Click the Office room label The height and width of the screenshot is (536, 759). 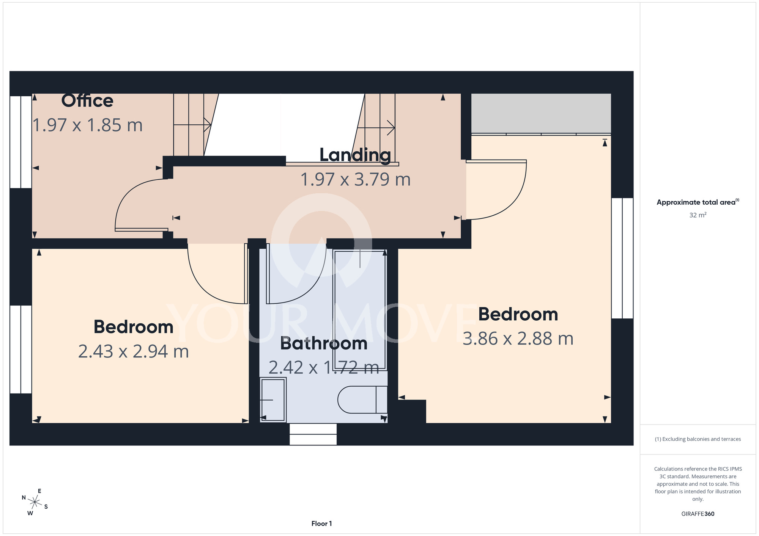click(87, 101)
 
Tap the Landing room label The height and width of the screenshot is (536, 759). click(355, 155)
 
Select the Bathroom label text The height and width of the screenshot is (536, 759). click(324, 343)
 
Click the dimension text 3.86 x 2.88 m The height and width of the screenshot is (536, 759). click(518, 339)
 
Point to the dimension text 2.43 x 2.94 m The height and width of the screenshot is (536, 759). click(134, 351)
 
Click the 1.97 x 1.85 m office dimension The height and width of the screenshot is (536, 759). click(88, 125)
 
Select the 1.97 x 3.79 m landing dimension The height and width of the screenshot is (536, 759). click(356, 179)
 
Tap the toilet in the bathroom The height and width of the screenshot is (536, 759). click(362, 400)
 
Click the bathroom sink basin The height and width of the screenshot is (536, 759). click(273, 400)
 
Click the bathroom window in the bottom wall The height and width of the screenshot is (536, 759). click(313, 434)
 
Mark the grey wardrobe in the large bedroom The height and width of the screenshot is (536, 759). click(541, 113)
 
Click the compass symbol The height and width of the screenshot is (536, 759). click(35, 503)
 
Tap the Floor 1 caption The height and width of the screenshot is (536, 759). click(321, 523)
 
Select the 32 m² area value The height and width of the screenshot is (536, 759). click(698, 215)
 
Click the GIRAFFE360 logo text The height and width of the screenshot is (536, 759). click(698, 514)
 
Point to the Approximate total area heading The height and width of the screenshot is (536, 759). click(698, 202)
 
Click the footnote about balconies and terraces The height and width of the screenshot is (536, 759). click(698, 439)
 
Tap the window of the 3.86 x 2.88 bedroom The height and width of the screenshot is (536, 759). click(622, 258)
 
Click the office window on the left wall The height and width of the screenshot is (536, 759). click(21, 142)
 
